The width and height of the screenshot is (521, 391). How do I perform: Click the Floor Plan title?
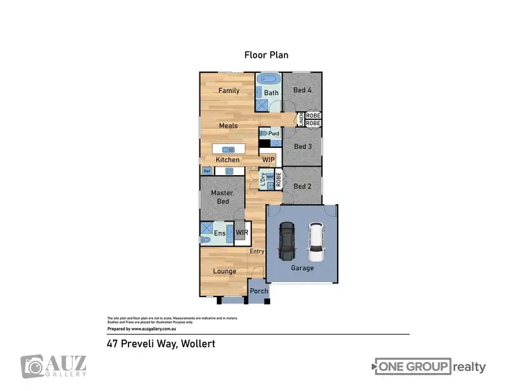[265, 54]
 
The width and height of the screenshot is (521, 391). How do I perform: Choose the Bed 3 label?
[302, 147]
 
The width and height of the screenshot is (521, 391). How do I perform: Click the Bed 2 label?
[302, 186]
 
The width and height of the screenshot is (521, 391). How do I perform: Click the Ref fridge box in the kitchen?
[206, 171]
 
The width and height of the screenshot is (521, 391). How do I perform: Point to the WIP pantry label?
[269, 160]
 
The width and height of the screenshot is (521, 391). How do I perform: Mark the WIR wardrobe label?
[242, 233]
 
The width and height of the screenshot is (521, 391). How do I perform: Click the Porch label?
[259, 291]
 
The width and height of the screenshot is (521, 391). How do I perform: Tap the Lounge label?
[224, 271]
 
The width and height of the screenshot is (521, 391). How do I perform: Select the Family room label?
[229, 90]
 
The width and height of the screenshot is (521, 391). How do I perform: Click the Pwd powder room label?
[273, 133]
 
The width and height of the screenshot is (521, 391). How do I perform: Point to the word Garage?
[302, 268]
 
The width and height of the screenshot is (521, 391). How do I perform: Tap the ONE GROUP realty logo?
[430, 367]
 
